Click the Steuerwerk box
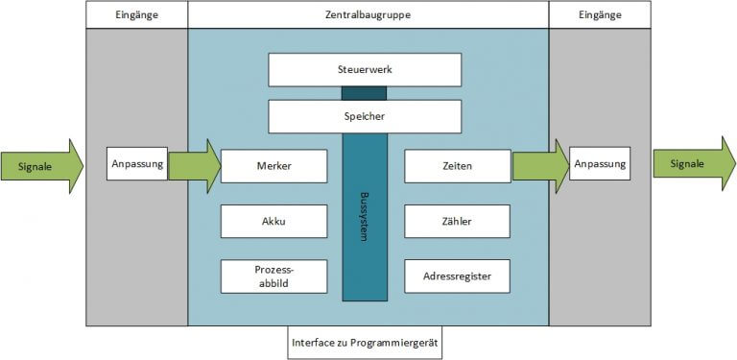pos(365,69)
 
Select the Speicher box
pos(365,116)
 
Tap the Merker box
pos(274,166)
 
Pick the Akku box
pos(274,222)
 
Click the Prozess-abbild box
pos(274,276)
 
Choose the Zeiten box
pos(457,166)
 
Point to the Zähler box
pos(457,222)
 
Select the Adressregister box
pos(457,276)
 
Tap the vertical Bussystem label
pos(365,219)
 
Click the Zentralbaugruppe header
pos(368,14)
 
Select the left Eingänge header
pos(137,14)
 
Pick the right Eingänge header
pos(600,14)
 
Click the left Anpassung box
pos(137,164)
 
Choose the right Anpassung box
pos(600,164)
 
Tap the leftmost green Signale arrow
pos(41,166)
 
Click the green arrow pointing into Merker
pos(194,165)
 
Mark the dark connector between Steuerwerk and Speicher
pos(365,93)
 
